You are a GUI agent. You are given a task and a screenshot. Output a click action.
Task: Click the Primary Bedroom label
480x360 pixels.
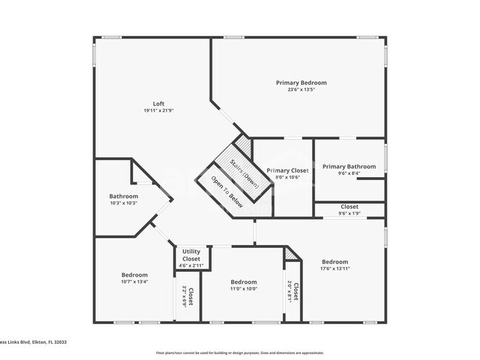(x=301, y=83)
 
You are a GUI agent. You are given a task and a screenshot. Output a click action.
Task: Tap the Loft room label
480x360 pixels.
(x=159, y=103)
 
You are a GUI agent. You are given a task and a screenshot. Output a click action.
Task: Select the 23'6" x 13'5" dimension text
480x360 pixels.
(x=301, y=90)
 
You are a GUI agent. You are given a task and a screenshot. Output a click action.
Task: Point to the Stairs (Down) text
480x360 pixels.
(x=244, y=173)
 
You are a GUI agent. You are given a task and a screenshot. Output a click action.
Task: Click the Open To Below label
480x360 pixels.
(x=227, y=192)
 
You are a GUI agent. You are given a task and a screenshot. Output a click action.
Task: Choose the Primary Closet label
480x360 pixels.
(x=287, y=170)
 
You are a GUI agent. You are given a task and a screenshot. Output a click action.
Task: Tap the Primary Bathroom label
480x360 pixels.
(x=349, y=167)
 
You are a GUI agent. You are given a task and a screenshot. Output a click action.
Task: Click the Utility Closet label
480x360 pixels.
(x=191, y=255)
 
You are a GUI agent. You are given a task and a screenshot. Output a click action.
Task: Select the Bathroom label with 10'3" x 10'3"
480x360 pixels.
(x=123, y=196)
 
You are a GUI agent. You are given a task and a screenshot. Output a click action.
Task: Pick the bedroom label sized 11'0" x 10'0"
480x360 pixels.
(x=243, y=282)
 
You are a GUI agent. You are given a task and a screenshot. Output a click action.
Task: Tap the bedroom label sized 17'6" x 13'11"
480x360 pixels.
(x=335, y=262)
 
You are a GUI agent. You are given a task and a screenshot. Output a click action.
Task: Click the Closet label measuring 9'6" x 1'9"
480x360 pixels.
(x=349, y=207)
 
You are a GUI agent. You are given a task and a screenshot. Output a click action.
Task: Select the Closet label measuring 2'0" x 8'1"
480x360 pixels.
(x=296, y=292)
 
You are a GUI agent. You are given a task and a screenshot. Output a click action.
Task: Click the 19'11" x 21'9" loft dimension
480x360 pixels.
(x=159, y=111)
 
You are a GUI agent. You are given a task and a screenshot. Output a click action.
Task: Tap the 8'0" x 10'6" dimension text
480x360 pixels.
(x=287, y=177)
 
